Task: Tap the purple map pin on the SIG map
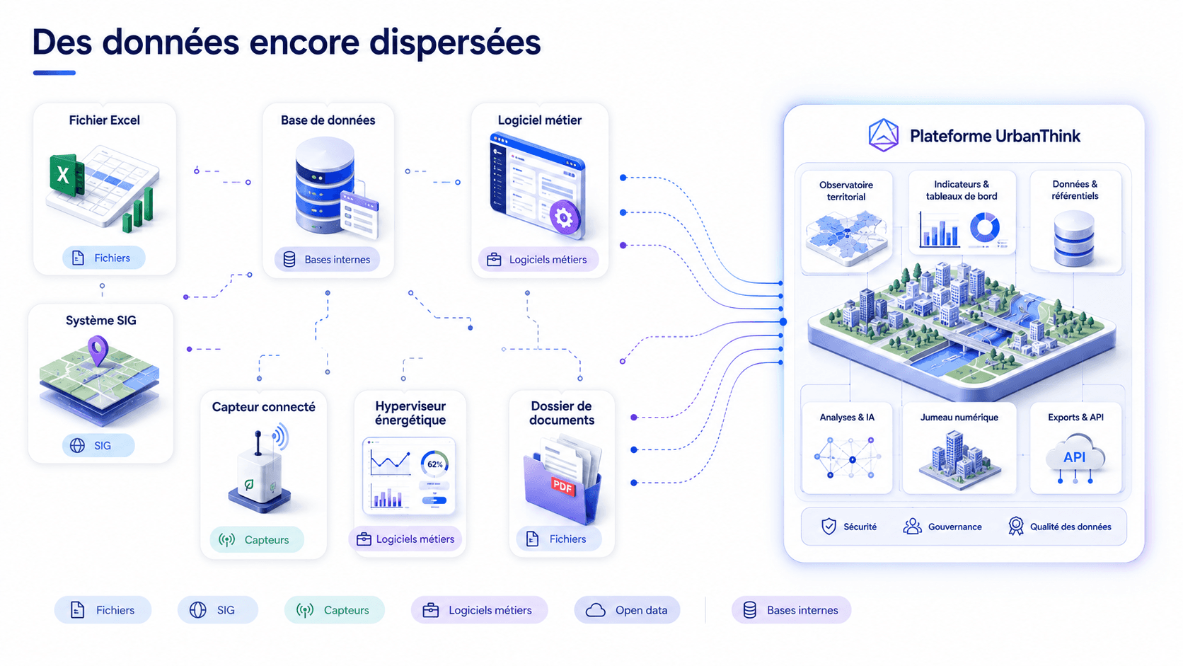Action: [x=98, y=350]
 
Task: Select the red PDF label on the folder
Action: [x=563, y=486]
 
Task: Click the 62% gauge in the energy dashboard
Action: [x=434, y=464]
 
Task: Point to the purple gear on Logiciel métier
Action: [x=564, y=217]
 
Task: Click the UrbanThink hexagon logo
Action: [x=884, y=135]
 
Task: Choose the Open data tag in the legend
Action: [x=627, y=610]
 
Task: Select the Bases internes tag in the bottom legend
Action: [x=791, y=610]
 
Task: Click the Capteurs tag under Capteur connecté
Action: [x=257, y=540]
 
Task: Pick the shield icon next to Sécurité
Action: [x=829, y=527]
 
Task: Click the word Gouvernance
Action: [x=955, y=527]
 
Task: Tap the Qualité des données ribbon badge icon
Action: [x=1015, y=526]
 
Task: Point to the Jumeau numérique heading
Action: [x=959, y=418]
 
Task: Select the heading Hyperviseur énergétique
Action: [x=410, y=413]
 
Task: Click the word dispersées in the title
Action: [x=455, y=42]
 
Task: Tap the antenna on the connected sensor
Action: [x=258, y=442]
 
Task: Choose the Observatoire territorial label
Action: [x=846, y=190]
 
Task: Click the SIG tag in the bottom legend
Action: [x=218, y=610]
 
